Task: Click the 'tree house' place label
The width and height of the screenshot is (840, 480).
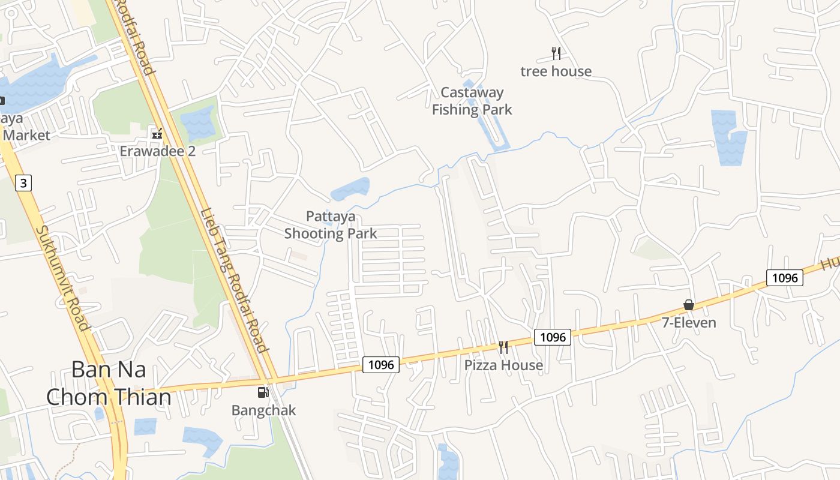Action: (x=556, y=71)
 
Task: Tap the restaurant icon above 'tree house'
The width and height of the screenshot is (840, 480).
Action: (x=556, y=53)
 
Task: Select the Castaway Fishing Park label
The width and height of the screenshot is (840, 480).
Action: (x=472, y=101)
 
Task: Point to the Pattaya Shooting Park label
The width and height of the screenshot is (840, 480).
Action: (x=331, y=225)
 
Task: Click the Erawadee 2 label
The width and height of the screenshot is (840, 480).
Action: (x=157, y=151)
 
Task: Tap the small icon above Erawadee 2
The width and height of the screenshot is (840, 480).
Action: (x=157, y=134)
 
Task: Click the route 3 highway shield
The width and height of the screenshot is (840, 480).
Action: (x=23, y=183)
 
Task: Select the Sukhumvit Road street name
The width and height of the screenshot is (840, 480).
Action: (x=62, y=278)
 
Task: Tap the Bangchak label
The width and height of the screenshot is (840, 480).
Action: (x=263, y=411)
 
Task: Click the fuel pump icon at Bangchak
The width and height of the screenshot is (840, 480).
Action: (x=263, y=392)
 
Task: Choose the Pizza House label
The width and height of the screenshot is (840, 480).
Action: (x=503, y=365)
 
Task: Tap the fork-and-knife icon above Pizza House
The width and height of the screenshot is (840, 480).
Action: (x=503, y=347)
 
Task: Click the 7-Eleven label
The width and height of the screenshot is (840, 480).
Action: (x=689, y=323)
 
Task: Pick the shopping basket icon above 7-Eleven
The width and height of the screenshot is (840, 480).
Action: (x=689, y=305)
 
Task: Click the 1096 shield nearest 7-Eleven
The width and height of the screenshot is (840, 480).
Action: (x=784, y=278)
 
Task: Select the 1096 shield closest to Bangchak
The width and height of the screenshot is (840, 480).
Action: (x=380, y=364)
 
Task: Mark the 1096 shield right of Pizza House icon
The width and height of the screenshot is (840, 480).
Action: (x=552, y=337)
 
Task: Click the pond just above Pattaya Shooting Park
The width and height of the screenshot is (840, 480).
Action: (x=350, y=189)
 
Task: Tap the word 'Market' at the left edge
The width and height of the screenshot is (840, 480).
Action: (x=26, y=136)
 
